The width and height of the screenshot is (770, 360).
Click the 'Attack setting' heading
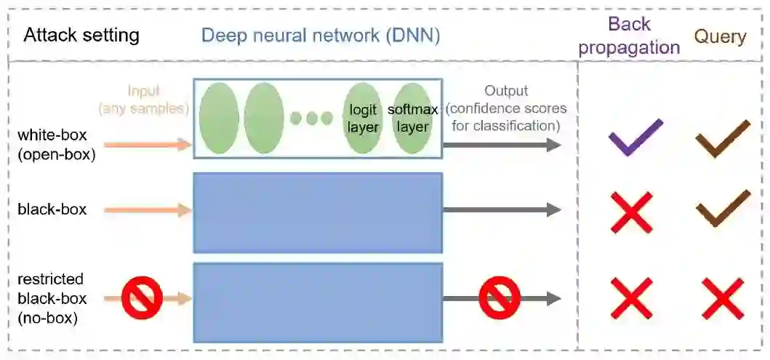(81, 35)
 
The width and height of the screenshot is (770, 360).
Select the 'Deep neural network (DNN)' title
(321, 35)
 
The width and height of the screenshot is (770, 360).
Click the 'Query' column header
(720, 36)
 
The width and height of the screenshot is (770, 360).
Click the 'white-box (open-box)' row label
(57, 144)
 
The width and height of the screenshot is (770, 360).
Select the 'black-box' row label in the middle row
(52, 209)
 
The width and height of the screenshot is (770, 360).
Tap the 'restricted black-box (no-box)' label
(52, 298)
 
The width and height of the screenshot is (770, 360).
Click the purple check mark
(635, 137)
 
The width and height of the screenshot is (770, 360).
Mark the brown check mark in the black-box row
(722, 209)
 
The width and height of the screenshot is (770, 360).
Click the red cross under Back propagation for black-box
(631, 212)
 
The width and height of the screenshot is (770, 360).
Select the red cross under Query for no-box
(722, 298)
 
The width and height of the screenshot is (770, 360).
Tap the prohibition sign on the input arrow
(141, 298)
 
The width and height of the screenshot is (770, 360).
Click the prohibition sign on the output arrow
(500, 298)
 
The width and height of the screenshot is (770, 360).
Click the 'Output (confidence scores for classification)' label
(506, 108)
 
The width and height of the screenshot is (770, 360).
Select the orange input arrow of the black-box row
(148, 210)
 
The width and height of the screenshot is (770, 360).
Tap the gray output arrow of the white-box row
(502, 145)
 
